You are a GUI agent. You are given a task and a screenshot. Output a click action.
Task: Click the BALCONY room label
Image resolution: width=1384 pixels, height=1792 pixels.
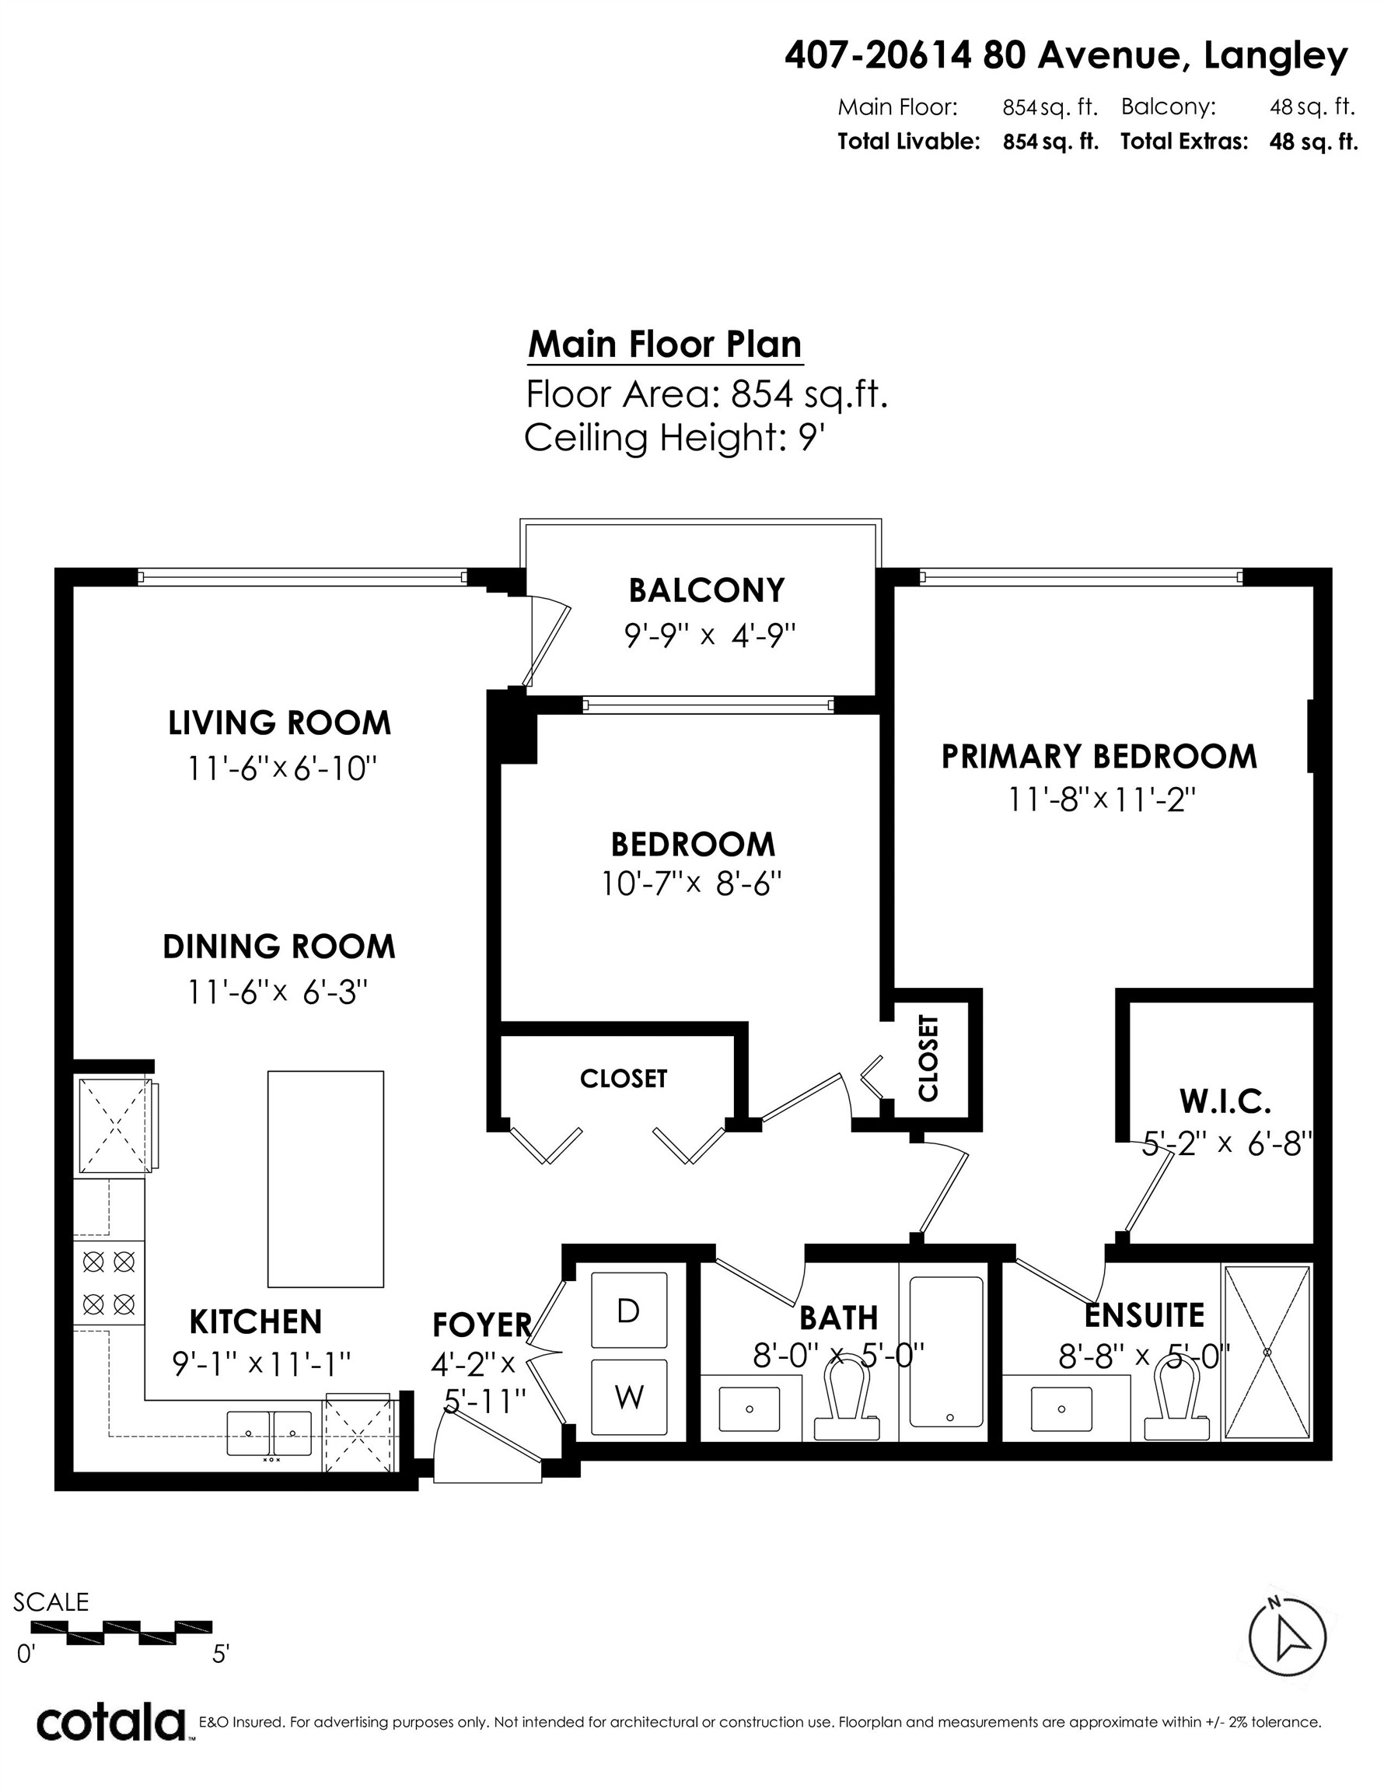point(706,590)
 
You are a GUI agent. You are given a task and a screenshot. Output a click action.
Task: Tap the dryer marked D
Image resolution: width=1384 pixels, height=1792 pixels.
point(628,1311)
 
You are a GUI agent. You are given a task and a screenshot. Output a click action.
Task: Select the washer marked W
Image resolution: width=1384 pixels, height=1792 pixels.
point(628,1397)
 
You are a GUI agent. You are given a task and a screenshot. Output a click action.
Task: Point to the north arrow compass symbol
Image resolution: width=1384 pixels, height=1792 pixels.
point(1286,1639)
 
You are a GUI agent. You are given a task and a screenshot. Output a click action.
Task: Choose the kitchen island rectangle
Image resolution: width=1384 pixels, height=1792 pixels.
point(326,1179)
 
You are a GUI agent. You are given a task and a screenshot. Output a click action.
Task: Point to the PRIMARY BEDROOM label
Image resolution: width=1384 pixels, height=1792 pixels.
point(1099,757)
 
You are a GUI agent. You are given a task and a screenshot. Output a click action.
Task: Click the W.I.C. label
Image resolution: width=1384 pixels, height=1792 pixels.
point(1225,1102)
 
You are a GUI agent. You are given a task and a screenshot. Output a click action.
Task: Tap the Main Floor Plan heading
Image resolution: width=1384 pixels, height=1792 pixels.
point(665,344)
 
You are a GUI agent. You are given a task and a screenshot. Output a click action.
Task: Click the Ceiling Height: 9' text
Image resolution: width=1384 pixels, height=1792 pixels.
point(673,437)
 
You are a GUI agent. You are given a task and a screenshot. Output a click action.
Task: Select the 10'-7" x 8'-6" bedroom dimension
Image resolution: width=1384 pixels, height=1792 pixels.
point(691,884)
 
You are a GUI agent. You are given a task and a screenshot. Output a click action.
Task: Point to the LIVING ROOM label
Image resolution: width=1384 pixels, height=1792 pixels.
point(280,723)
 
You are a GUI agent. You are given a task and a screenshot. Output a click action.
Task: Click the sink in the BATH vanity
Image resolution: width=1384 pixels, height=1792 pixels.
point(750,1409)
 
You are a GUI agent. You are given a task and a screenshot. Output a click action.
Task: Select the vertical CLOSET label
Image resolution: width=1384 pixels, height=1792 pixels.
point(928,1058)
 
